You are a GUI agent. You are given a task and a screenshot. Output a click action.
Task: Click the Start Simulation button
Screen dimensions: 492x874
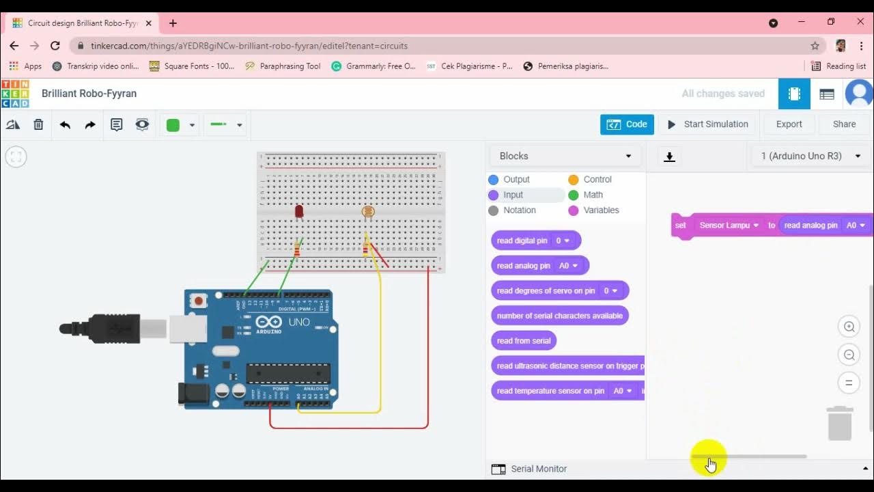tap(708, 124)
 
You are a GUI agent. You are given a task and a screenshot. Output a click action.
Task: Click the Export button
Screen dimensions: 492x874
tap(789, 124)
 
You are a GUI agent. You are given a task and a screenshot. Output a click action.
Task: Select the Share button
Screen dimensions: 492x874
tap(844, 124)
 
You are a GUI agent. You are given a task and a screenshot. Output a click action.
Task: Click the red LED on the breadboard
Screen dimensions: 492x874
tap(299, 212)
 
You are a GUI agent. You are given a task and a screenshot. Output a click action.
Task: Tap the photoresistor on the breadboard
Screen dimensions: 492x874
tap(368, 212)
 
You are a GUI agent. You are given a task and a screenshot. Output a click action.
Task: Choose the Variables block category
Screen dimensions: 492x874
tap(600, 210)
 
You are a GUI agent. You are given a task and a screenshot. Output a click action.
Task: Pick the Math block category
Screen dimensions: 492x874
tap(592, 195)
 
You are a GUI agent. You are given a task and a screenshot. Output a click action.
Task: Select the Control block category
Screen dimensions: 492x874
tap(597, 179)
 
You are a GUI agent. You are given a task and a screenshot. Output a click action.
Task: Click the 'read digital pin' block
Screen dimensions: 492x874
tap(522, 241)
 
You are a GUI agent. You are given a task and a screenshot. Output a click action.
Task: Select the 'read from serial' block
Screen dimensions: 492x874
tap(524, 340)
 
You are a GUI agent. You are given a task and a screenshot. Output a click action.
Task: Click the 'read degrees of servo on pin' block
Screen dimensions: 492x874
tap(546, 290)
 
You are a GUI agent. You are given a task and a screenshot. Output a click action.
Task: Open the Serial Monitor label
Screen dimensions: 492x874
tap(538, 469)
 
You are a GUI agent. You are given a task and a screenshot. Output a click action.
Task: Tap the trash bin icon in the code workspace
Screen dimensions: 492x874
tap(840, 423)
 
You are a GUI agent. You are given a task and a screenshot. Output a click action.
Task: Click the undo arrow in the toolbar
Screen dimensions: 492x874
tap(65, 125)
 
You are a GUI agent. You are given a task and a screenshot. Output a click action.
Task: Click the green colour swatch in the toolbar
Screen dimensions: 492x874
tap(173, 125)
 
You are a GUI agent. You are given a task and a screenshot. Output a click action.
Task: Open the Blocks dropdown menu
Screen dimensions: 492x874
tap(565, 156)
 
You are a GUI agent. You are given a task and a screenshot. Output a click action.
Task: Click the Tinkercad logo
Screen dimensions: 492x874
tap(15, 94)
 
